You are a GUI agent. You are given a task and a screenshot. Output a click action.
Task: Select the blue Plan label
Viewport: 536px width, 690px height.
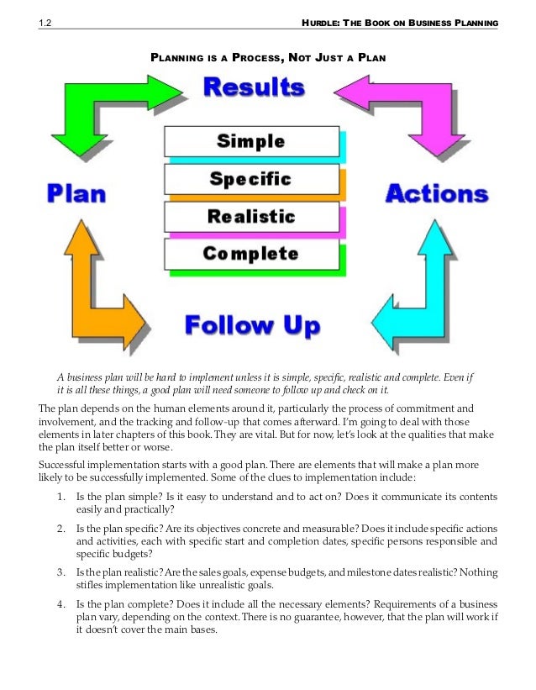click(76, 194)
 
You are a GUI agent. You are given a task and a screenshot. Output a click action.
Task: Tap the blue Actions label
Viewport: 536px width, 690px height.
click(436, 194)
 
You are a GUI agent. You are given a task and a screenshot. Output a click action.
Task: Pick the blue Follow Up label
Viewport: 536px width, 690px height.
click(252, 325)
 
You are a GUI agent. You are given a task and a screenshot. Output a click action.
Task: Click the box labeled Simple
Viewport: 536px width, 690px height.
click(251, 141)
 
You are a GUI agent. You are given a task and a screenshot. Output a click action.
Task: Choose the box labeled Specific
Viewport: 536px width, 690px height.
click(251, 179)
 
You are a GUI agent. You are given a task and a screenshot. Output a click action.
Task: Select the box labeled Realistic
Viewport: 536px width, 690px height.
click(251, 216)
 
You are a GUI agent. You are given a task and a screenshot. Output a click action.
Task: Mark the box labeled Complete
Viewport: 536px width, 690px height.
click(251, 253)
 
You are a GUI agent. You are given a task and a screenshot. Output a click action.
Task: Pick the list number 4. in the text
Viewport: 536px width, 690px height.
click(60, 604)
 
